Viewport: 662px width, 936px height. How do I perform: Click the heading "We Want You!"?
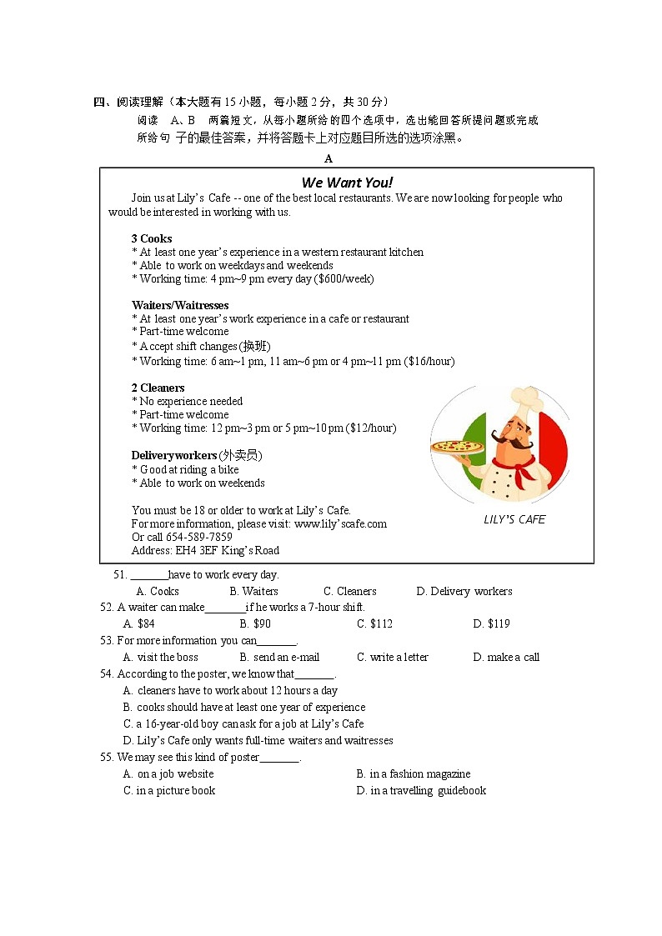coord(347,183)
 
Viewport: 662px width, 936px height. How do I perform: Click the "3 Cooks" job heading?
coord(152,238)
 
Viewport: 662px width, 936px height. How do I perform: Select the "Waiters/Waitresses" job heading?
coord(180,305)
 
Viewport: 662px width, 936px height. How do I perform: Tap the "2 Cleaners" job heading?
coord(158,388)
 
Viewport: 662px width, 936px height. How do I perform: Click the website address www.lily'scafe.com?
coord(340,523)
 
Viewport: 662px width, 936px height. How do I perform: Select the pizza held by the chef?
coord(458,448)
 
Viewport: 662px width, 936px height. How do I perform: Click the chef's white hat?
coord(527,398)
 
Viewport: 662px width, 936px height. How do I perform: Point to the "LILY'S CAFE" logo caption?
coord(514,519)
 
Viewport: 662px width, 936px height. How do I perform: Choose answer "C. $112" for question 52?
coord(374,623)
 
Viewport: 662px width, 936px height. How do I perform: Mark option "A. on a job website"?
coord(168,773)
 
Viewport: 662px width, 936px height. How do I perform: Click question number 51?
coord(119,574)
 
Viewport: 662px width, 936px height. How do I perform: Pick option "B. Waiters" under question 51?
coord(253,591)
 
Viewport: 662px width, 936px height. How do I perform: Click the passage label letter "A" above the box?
coord(328,158)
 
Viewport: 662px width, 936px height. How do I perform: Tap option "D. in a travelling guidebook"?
coord(421,790)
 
